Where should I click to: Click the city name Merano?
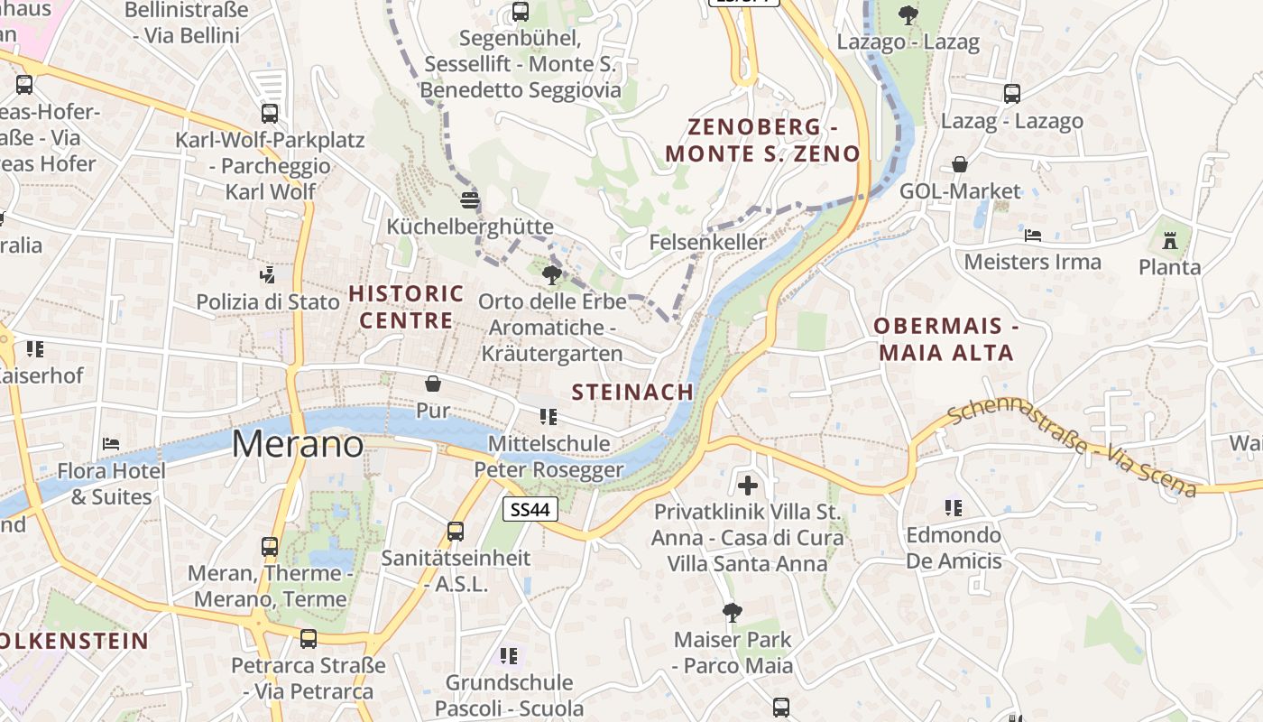click(x=298, y=444)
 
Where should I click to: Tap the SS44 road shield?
click(x=530, y=510)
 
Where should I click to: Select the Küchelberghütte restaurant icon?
click(x=469, y=200)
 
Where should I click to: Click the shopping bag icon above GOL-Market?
click(x=960, y=164)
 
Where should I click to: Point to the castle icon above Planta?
click(x=1170, y=241)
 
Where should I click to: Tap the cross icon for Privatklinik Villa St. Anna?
click(x=747, y=486)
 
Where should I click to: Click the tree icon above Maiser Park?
click(x=733, y=613)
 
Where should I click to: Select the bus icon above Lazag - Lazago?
click(x=1012, y=93)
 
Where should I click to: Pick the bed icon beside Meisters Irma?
click(x=1033, y=236)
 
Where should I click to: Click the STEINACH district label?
click(x=632, y=392)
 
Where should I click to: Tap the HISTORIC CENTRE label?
click(x=406, y=307)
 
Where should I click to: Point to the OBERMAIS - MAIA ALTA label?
click(x=945, y=339)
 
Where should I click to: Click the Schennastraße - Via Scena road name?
click(x=1073, y=449)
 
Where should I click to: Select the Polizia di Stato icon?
click(x=267, y=273)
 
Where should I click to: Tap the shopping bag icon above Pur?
click(x=433, y=384)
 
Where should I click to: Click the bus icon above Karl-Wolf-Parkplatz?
click(x=270, y=114)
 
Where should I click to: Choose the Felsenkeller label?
click(x=707, y=242)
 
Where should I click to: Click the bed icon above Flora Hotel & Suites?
click(x=111, y=443)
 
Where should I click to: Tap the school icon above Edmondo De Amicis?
click(x=954, y=508)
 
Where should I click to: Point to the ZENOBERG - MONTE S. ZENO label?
click(x=762, y=140)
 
